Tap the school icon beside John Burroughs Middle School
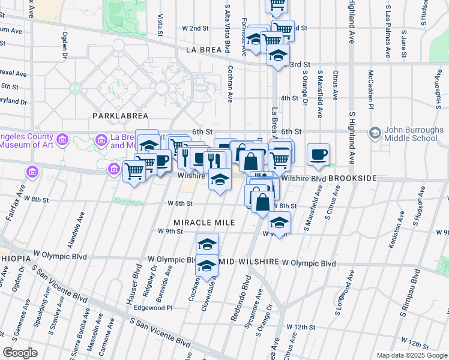coord(376,133)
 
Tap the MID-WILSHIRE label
coord(249,262)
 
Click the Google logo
coord(20,353)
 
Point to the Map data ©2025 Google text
coord(412,355)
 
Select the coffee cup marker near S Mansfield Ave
coord(319,155)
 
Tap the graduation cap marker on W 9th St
coord(279,222)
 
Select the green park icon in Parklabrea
coord(76,88)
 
